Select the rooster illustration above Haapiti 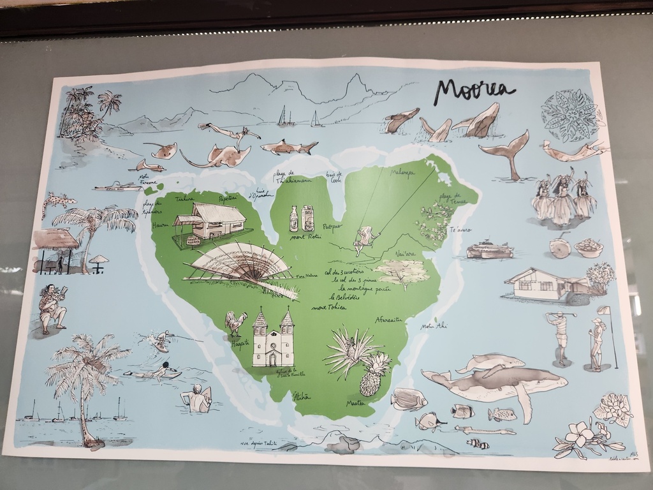click(235, 322)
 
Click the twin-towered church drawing click(273, 339)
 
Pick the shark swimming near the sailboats click(289, 147)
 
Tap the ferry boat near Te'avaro click(489, 249)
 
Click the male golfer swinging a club click(560, 337)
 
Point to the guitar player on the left click(52, 309)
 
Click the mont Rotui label click(304, 237)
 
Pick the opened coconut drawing click(560, 248)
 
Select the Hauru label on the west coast click(161, 225)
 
